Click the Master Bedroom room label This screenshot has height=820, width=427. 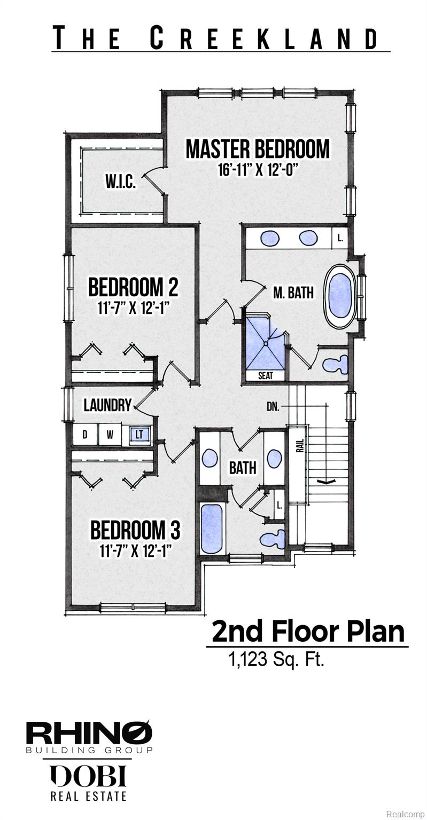(258, 149)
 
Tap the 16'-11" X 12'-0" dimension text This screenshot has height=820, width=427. (257, 170)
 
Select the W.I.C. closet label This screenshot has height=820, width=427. (121, 182)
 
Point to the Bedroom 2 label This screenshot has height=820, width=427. (133, 287)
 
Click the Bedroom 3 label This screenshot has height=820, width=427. (135, 531)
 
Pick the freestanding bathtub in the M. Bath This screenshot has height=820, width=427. (340, 296)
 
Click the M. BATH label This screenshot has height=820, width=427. (293, 293)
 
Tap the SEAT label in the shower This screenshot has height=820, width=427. (266, 376)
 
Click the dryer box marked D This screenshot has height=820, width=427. (85, 435)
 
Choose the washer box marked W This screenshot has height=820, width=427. (110, 435)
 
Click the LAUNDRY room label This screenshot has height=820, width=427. (107, 405)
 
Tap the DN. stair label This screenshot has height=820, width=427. (273, 407)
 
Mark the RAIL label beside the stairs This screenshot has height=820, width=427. (300, 446)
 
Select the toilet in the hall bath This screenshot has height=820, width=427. (273, 539)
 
